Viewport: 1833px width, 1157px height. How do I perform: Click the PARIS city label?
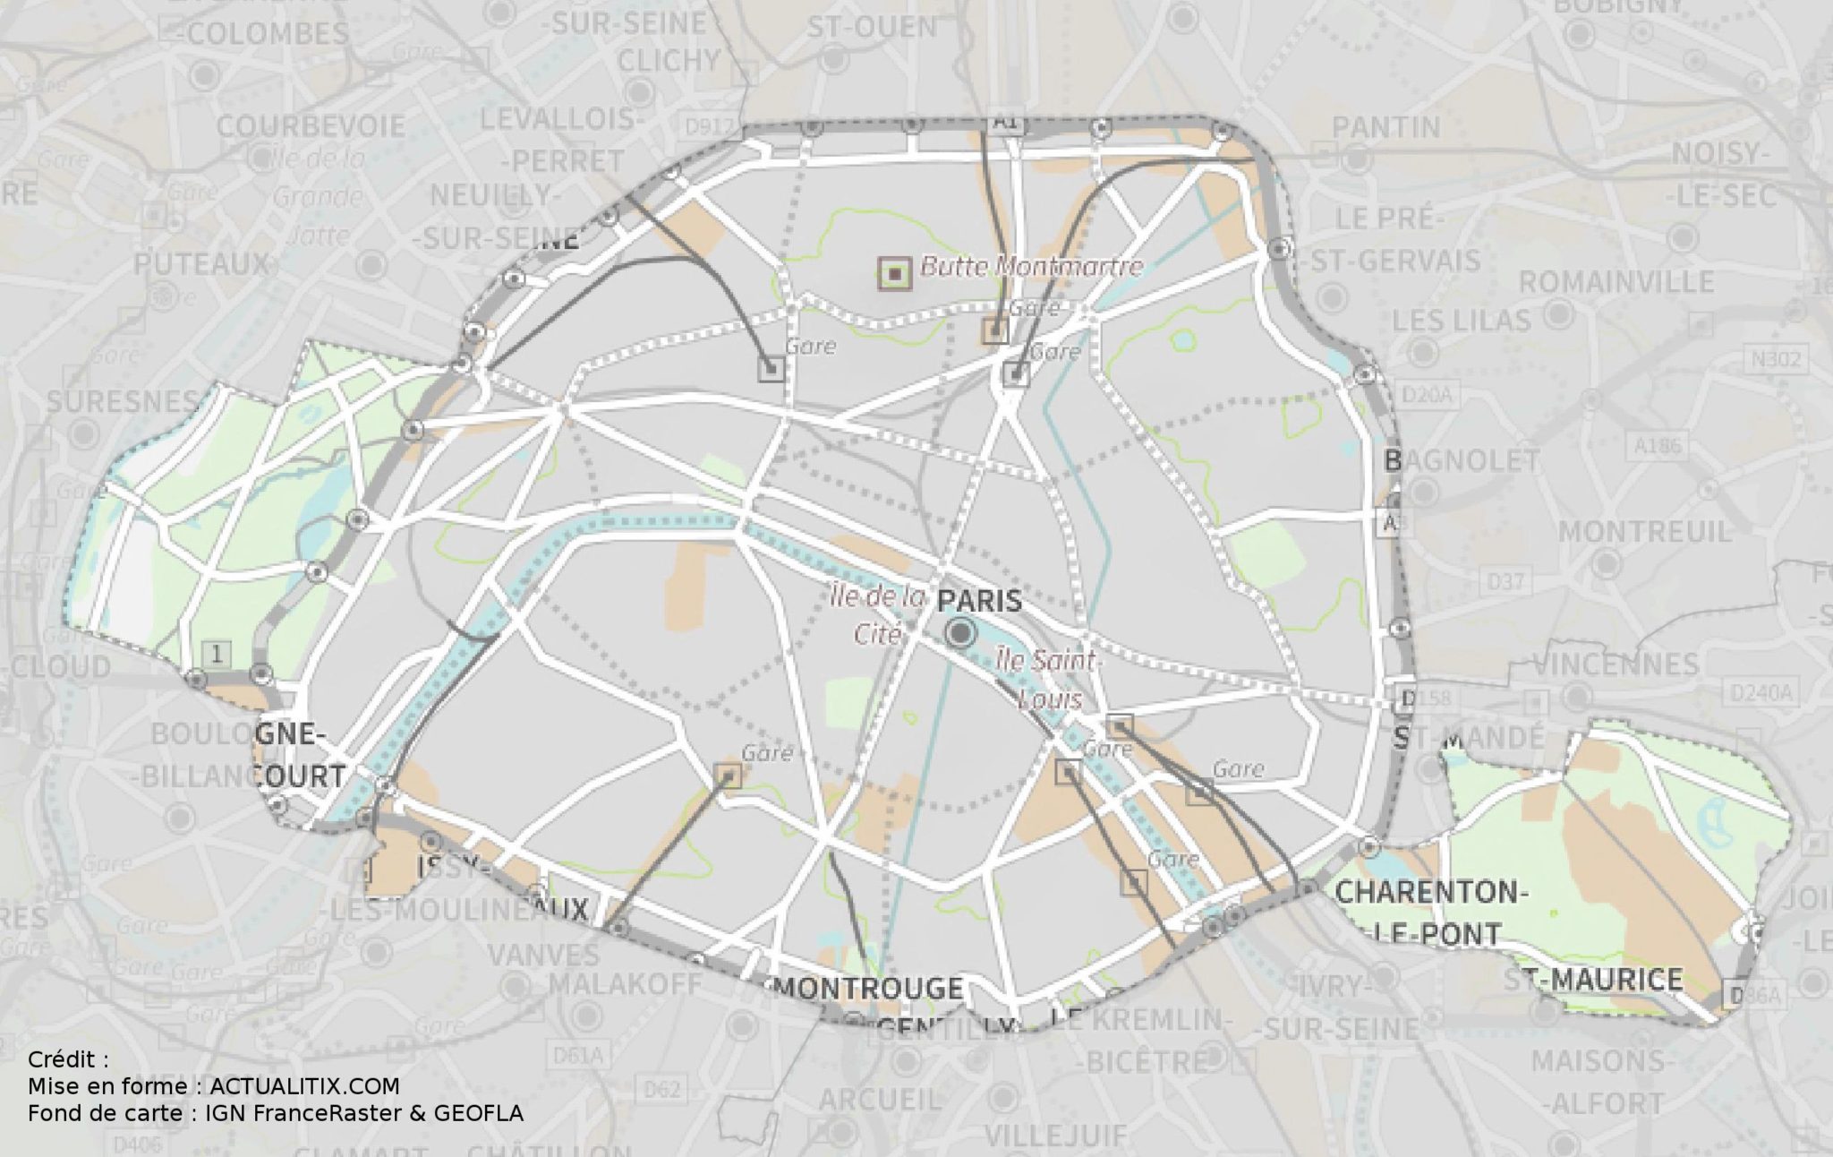(x=979, y=600)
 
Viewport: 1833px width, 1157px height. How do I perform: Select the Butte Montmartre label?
(x=1032, y=267)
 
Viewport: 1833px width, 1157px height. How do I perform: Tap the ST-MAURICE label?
(x=1593, y=980)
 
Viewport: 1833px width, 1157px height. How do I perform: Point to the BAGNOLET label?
(x=1462, y=461)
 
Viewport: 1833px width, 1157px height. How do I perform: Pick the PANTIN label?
(x=1386, y=128)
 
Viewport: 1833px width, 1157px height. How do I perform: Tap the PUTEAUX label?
(x=201, y=264)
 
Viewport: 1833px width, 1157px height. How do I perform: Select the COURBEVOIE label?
(x=311, y=126)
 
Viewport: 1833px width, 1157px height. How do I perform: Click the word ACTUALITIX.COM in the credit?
(x=304, y=1086)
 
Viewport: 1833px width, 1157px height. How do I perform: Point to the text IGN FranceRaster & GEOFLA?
(x=364, y=1113)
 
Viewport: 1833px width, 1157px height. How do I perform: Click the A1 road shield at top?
(x=1005, y=124)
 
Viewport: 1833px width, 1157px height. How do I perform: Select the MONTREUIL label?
(x=1645, y=531)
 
